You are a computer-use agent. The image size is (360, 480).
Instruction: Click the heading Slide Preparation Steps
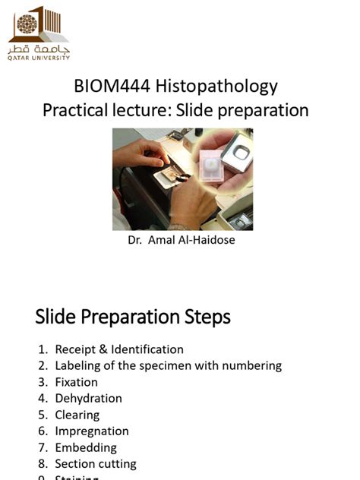pos(133,317)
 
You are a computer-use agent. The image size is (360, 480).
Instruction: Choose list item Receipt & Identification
pos(119,349)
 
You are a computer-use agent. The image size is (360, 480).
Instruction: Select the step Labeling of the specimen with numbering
pos(168,365)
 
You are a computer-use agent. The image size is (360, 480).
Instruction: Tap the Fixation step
pos(76,382)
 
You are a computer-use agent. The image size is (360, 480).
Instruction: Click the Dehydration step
pos(88,398)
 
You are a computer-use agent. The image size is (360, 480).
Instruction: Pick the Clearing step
pos(77,415)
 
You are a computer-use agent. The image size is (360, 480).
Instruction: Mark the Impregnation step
pos(92,431)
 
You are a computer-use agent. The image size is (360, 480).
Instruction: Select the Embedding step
pos(86,447)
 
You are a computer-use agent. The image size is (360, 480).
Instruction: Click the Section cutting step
pos(96,463)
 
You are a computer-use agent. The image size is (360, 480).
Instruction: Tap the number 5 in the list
pos(43,415)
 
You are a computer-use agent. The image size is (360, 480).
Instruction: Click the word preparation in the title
pos(259,111)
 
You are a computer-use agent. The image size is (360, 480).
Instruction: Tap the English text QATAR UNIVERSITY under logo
pos(39,58)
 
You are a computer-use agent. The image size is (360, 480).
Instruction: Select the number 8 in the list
pos(43,463)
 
